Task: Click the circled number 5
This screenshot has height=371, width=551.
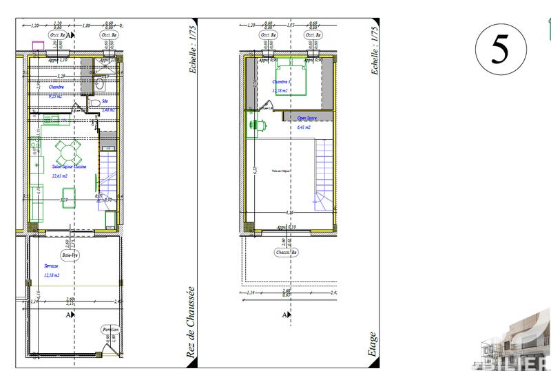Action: (501, 47)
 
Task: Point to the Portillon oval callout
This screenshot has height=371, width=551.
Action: (112, 330)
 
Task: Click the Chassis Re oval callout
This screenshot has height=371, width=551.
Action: (286, 252)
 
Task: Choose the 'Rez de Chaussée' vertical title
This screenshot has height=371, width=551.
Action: (191, 323)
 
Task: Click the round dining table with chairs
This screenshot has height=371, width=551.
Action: (67, 149)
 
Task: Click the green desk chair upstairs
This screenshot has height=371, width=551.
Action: (261, 125)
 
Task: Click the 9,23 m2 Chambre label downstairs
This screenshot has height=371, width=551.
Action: (55, 96)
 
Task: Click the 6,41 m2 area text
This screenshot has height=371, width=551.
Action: (304, 127)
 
